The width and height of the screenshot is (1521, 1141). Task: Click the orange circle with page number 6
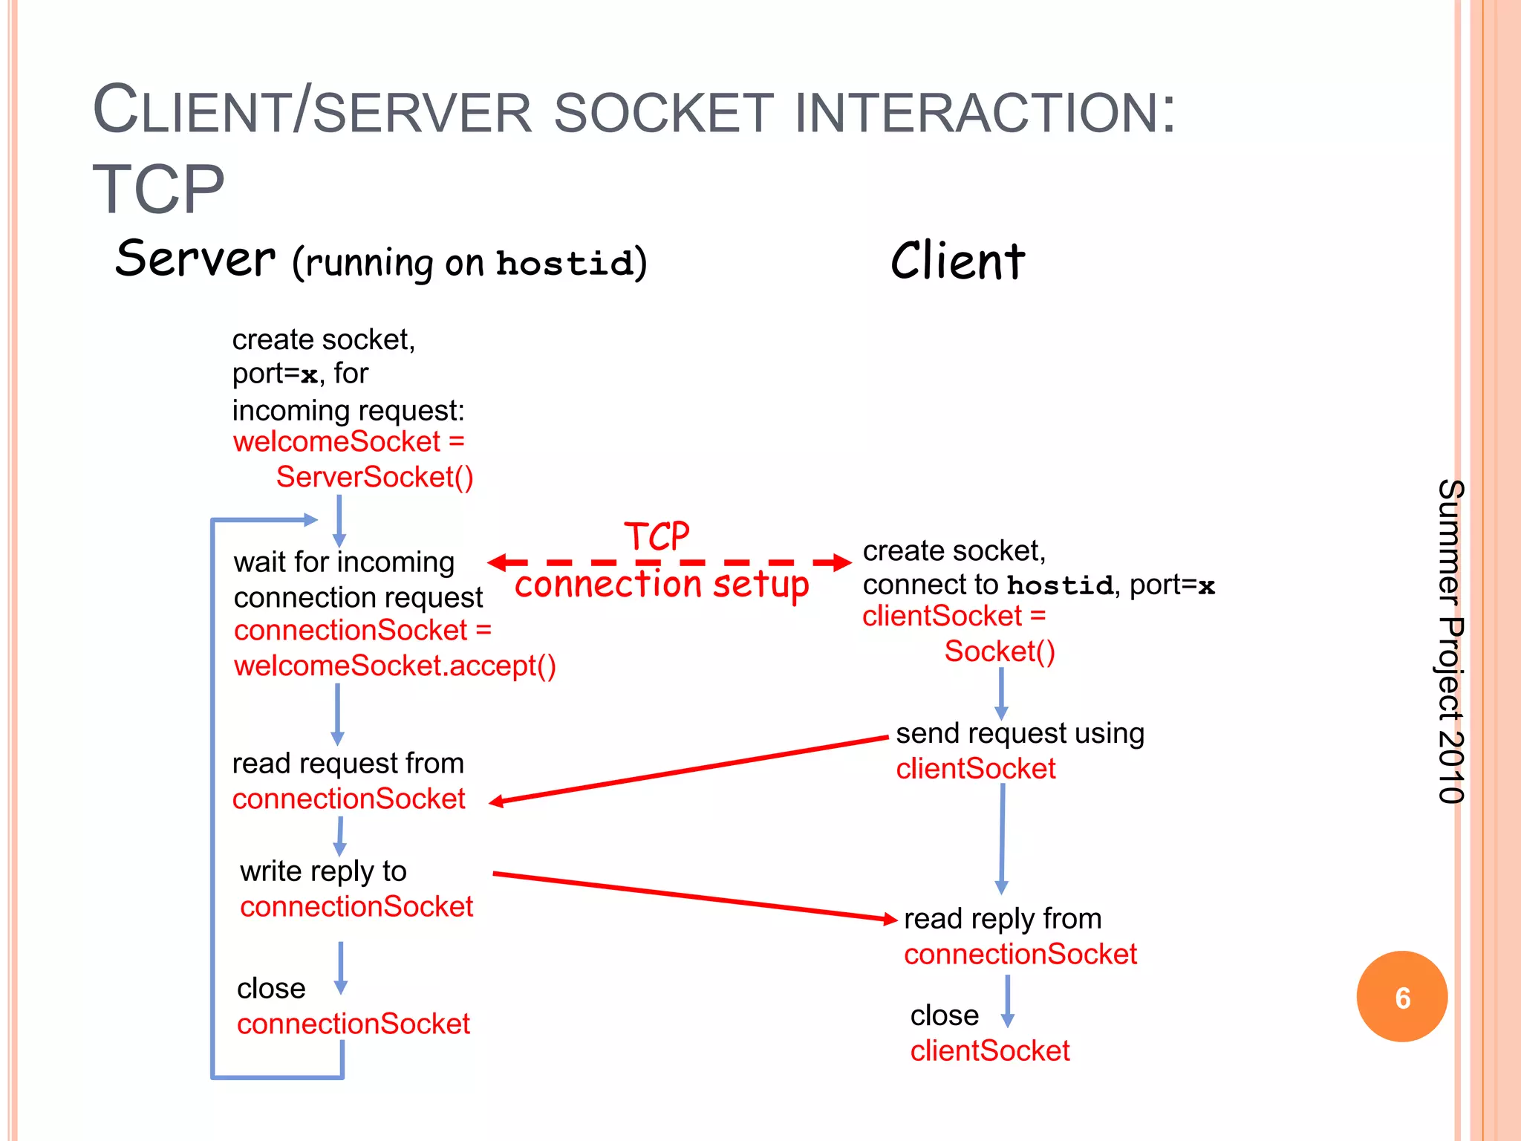(1401, 997)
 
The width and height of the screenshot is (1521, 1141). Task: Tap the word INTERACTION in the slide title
(985, 113)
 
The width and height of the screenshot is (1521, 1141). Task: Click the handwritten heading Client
(957, 261)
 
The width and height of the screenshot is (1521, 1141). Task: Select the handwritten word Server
(195, 259)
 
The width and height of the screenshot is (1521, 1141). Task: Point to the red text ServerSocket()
(374, 477)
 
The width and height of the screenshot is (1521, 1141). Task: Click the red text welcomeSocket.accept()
(394, 666)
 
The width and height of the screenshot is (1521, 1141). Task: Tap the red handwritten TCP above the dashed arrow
(657, 536)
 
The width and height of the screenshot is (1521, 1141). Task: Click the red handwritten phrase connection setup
(661, 585)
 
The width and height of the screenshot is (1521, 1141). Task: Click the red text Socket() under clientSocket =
(1000, 651)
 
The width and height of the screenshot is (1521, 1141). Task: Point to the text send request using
(1020, 733)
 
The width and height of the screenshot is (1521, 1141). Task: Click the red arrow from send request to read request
(691, 770)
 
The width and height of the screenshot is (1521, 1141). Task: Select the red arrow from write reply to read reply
(694, 897)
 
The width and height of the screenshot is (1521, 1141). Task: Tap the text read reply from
(1003, 919)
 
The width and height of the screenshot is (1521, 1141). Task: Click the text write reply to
(323, 871)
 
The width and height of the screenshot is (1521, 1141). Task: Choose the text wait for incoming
(344, 562)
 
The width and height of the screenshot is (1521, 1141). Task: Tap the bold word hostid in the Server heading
(564, 264)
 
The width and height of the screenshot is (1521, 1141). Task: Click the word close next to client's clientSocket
(945, 1015)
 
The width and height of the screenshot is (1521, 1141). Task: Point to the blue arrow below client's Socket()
(1001, 693)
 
